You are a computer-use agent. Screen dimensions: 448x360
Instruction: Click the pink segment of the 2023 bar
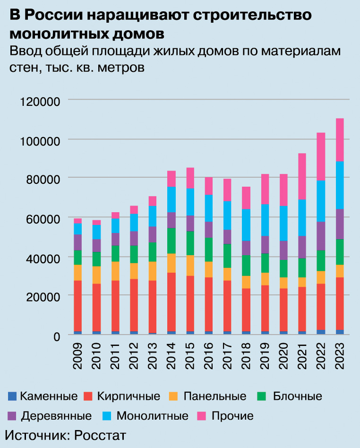tap(339, 140)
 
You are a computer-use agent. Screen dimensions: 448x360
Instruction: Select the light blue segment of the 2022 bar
tap(321, 201)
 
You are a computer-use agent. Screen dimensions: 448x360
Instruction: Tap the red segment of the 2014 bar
tap(171, 302)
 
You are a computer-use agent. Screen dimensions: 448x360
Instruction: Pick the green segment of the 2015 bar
tap(189, 243)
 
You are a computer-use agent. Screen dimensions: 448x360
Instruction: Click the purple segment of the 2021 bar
tap(302, 247)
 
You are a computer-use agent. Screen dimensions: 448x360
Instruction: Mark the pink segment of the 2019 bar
tap(265, 189)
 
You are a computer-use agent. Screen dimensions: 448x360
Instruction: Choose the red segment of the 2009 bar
tap(77, 306)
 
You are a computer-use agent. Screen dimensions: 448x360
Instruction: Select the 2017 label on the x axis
tap(227, 361)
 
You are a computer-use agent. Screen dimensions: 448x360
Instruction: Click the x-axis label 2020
tap(283, 361)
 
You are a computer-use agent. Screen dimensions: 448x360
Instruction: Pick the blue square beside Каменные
tap(12, 396)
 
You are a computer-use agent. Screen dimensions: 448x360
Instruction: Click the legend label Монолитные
tap(152, 416)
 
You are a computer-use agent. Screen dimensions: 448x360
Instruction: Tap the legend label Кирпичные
tap(129, 396)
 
